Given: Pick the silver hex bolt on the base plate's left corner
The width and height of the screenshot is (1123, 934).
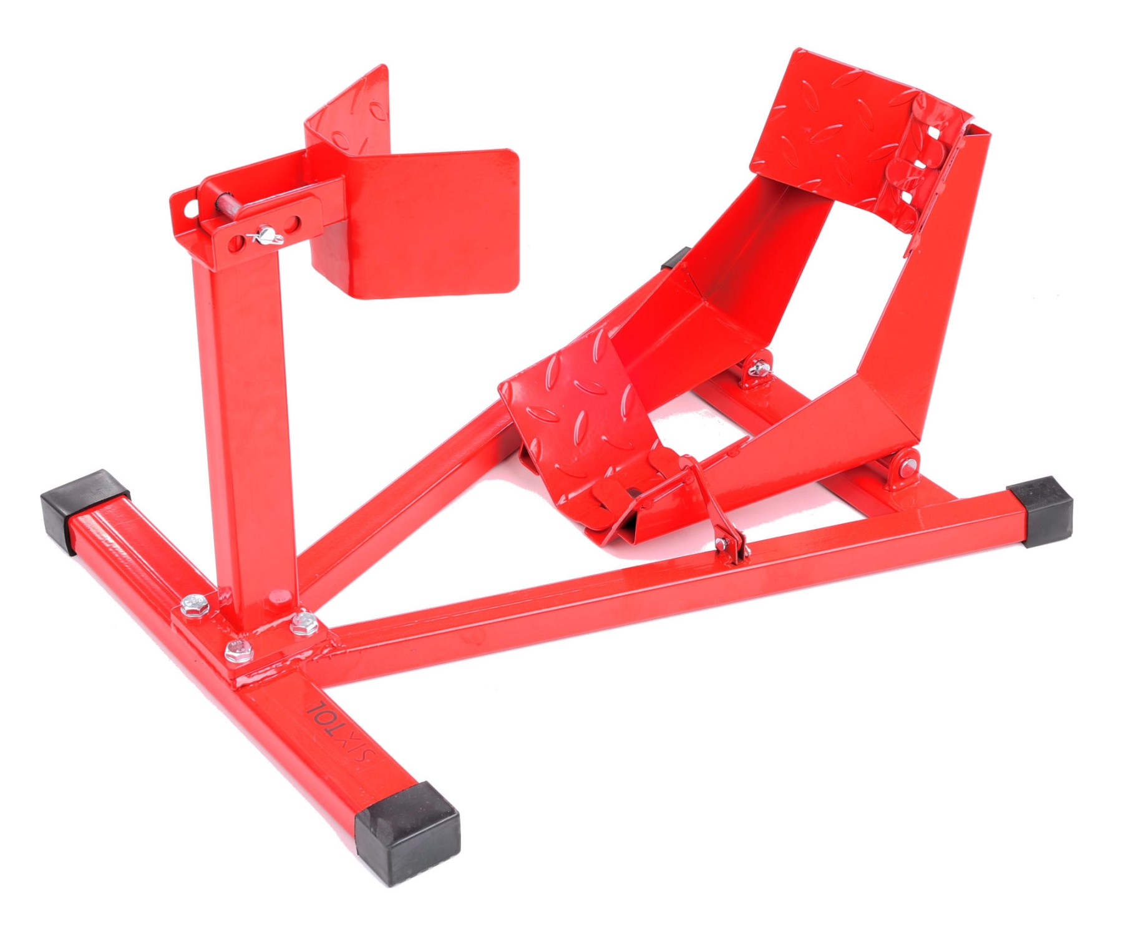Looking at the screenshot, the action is pos(194,605).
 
